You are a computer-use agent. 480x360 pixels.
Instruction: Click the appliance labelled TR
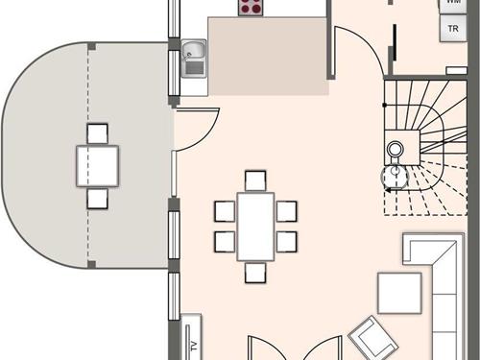453,29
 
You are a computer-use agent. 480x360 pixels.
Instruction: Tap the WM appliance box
453,4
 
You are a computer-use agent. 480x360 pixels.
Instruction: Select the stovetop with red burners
252,7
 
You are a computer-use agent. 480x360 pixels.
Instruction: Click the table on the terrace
98,165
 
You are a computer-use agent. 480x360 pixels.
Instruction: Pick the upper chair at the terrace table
98,133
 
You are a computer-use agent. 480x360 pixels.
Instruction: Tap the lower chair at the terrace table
98,198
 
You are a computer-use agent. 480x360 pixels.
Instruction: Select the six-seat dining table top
254,226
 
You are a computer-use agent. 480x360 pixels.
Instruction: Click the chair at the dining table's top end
254,180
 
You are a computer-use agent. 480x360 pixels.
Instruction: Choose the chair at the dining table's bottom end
254,273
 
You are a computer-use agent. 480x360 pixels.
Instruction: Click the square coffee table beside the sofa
399,294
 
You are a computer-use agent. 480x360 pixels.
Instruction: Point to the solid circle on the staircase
395,149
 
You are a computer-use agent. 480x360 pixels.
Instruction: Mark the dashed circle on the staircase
395,176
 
